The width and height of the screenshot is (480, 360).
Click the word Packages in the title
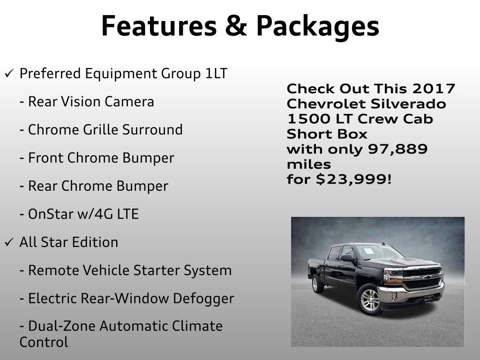pyautogui.click(x=317, y=26)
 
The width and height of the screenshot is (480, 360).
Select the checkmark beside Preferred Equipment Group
pyautogui.click(x=9, y=74)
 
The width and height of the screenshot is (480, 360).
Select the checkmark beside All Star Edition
pyautogui.click(x=9, y=242)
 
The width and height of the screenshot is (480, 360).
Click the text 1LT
pyautogui.click(x=216, y=74)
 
